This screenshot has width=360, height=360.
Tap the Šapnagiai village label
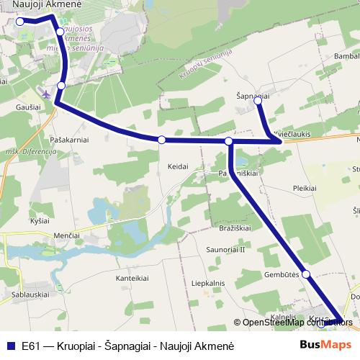pyautogui.click(x=252, y=94)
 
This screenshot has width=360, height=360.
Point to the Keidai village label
pyautogui.click(x=177, y=166)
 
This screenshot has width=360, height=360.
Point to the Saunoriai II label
pyautogui.click(x=226, y=249)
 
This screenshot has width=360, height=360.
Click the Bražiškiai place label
pyautogui.click(x=234, y=228)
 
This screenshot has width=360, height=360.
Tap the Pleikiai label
pyautogui.click(x=305, y=187)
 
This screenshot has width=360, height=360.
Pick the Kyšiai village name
pyautogui.click(x=40, y=220)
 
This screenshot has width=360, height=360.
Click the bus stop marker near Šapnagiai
pyautogui.click(x=258, y=102)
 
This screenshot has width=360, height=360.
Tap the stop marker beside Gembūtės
pyautogui.click(x=306, y=274)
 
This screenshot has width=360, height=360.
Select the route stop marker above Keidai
pyautogui.click(x=162, y=140)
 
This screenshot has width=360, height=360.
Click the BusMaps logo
pyautogui.click(x=325, y=345)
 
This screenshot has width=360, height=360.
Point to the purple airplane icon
pyautogui.click(x=48, y=94)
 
